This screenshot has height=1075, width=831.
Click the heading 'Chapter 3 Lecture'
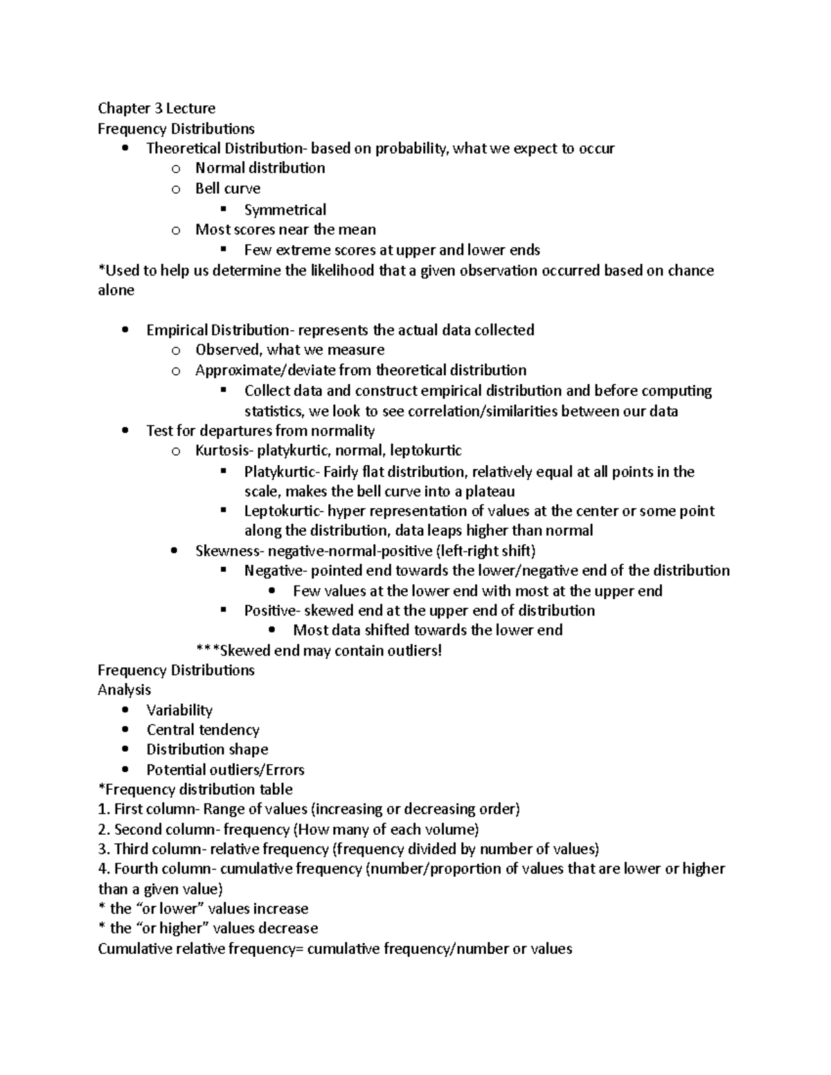point(157,108)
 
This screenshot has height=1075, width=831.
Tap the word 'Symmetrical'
point(285,210)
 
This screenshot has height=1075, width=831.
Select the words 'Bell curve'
point(227,188)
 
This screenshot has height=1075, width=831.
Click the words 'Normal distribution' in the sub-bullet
point(260,168)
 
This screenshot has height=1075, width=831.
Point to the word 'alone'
point(116,290)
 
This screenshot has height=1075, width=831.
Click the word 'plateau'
point(490,491)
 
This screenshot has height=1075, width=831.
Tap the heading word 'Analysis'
point(124,690)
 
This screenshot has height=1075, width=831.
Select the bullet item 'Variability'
point(179,710)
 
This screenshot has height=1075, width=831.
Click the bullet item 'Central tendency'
point(203,730)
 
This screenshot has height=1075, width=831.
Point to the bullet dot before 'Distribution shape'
point(125,750)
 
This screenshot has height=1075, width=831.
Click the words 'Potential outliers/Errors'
point(225,770)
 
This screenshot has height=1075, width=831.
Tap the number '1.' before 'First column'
point(104,809)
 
